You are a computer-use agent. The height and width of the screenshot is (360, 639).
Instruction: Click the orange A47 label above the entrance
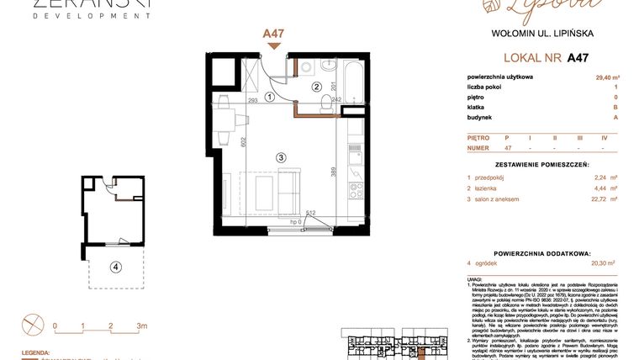[273, 34]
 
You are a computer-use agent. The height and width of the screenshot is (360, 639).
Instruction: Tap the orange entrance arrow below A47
[273, 47]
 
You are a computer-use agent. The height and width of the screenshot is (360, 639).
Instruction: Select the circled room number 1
[270, 97]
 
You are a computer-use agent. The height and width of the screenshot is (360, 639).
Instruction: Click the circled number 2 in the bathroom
[317, 86]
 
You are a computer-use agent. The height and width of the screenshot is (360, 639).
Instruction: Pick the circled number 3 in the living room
[282, 156]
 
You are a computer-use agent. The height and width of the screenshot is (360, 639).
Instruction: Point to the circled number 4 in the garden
[115, 268]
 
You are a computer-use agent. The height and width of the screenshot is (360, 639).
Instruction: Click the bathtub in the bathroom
[353, 84]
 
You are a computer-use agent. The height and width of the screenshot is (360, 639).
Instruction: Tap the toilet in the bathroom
[325, 102]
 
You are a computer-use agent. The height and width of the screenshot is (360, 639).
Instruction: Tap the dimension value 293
[251, 100]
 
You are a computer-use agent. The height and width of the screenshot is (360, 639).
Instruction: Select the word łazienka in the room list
[490, 188]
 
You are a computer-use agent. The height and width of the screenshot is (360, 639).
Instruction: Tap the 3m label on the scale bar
[141, 325]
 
